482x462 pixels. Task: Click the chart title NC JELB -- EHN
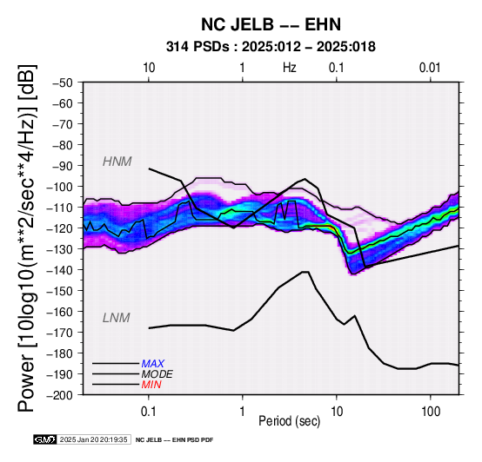coord(271,24)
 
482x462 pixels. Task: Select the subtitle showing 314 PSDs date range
coord(271,47)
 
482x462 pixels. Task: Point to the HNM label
coord(117,162)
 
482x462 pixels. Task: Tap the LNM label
coord(117,318)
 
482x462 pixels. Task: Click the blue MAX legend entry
coord(153,364)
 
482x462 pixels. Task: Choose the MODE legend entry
coord(157,374)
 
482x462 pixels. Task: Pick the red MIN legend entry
coord(151,385)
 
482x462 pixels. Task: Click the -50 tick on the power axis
coord(63,82)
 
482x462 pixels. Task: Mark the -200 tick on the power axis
coord(60,395)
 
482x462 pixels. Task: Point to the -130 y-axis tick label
coord(60,249)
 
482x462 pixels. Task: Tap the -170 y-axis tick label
coord(60,333)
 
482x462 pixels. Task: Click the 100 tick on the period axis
coord(431,412)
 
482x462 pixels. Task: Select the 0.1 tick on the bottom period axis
coord(149,412)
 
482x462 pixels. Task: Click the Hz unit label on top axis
coord(290,68)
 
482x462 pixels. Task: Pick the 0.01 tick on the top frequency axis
coord(430,68)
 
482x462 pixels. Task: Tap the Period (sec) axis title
coord(289,421)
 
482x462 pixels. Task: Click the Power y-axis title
coord(26,238)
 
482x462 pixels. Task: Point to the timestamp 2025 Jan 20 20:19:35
coord(93,439)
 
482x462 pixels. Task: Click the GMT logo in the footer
coord(45,439)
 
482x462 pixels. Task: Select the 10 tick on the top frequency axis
coord(149,68)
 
